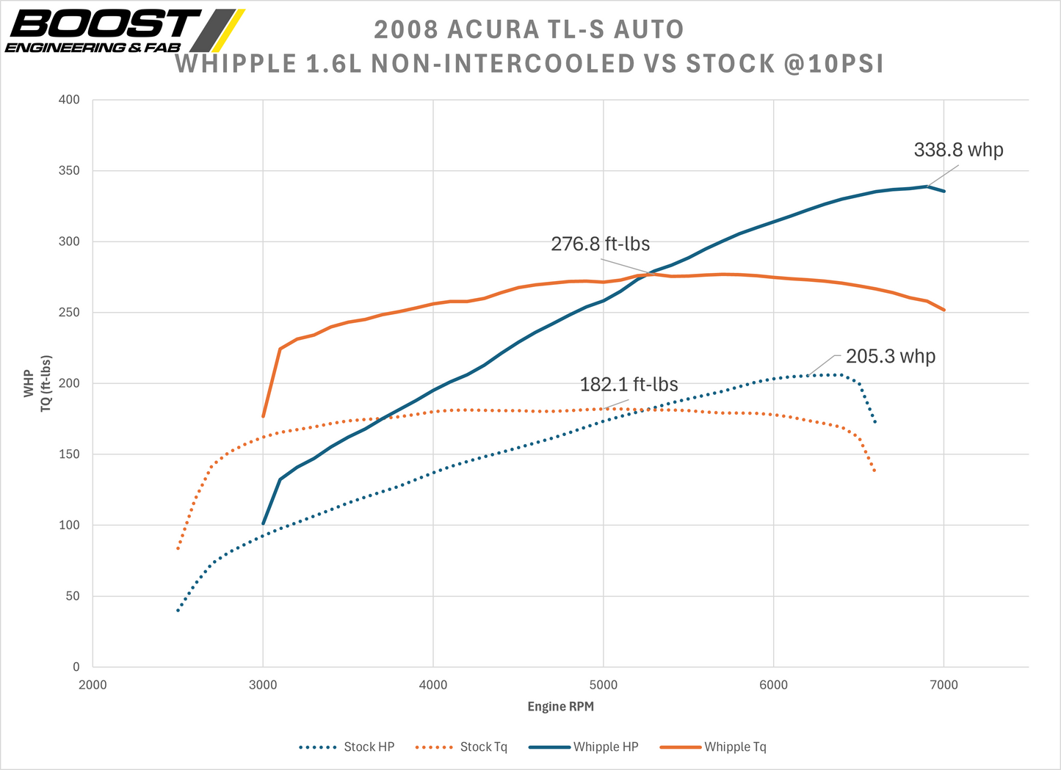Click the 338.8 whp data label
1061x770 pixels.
pyautogui.click(x=958, y=150)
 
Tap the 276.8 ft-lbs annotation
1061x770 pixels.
pyautogui.click(x=600, y=244)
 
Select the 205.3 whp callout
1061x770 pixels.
pyautogui.click(x=890, y=357)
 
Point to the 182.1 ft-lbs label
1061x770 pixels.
pyautogui.click(x=629, y=385)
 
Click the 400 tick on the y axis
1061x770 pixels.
pyautogui.click(x=69, y=100)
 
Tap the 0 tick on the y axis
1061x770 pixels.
pyautogui.click(x=76, y=667)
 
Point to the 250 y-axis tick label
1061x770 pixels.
pyautogui.click(x=69, y=313)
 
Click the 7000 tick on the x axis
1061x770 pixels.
pyautogui.click(x=944, y=686)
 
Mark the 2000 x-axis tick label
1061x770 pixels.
pyautogui.click(x=93, y=686)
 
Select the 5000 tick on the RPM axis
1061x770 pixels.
pyautogui.click(x=603, y=686)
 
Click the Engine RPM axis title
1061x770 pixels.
pyautogui.click(x=560, y=707)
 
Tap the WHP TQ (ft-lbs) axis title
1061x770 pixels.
pyautogui.click(x=37, y=384)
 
